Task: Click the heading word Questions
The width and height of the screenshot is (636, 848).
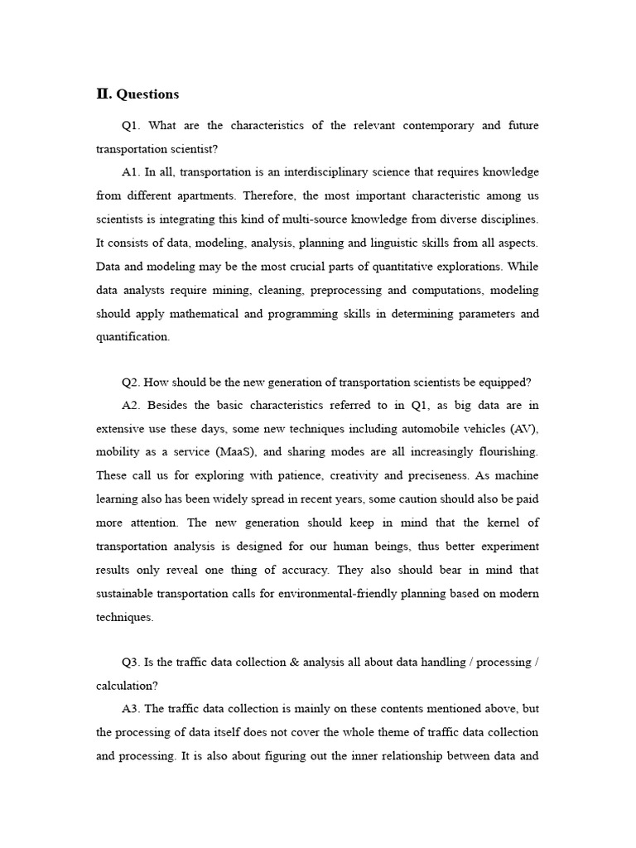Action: (147, 94)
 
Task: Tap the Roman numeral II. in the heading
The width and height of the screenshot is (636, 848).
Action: (104, 94)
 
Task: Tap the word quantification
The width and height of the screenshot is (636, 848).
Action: (132, 337)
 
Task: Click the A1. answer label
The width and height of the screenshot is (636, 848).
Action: (132, 172)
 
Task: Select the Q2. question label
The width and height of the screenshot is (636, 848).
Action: (132, 383)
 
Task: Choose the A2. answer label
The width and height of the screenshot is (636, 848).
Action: (132, 406)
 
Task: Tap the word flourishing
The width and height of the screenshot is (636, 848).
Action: (499, 453)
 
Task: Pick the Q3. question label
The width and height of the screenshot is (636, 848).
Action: (132, 662)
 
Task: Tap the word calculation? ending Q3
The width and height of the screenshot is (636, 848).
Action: (125, 686)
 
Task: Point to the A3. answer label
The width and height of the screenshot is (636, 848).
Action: (132, 710)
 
